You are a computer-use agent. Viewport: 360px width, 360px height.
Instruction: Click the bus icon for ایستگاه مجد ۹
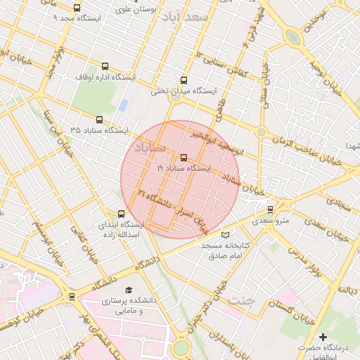tap(77, 8)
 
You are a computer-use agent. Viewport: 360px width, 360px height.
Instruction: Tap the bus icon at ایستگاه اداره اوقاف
tap(105, 66)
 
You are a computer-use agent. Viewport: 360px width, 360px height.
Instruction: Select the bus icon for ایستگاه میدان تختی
tap(184, 80)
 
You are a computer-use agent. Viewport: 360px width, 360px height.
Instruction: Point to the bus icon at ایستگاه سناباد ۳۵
tap(99, 120)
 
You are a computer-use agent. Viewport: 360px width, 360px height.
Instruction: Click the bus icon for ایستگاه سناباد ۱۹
tap(184, 157)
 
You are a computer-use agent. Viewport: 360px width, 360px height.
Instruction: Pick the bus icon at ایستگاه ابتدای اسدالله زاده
tap(121, 214)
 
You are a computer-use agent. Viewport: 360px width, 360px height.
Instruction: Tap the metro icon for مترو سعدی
tap(271, 210)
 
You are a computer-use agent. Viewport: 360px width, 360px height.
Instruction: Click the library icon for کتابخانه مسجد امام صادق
tap(225, 235)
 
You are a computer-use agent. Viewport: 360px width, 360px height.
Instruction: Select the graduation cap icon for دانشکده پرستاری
tap(128, 290)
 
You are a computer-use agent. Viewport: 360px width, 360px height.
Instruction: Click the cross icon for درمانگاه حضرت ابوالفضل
tap(323, 337)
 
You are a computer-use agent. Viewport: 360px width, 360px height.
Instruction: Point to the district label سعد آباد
tap(186, 16)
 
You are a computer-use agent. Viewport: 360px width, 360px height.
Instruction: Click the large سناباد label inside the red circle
tap(149, 148)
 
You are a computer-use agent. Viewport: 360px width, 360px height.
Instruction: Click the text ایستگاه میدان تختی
tap(184, 91)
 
